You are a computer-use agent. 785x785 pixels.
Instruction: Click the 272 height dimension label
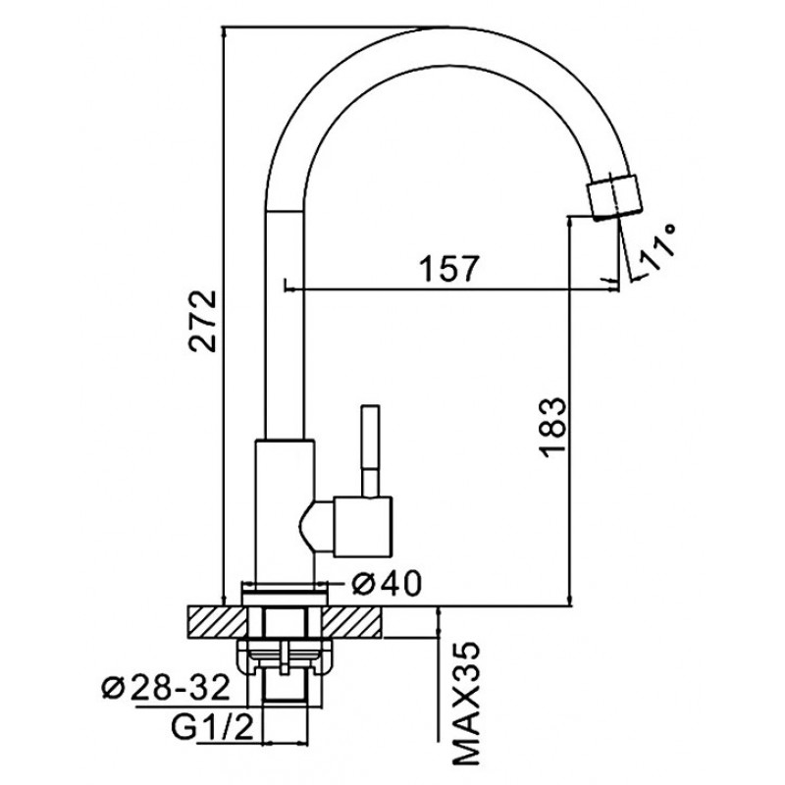click(203, 321)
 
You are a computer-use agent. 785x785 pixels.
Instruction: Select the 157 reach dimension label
click(449, 269)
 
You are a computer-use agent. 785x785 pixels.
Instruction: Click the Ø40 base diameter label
click(386, 584)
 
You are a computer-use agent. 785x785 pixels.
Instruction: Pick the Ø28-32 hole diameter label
click(166, 689)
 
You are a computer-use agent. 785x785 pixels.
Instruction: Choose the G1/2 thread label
click(212, 729)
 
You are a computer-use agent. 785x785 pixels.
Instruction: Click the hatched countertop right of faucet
click(351, 622)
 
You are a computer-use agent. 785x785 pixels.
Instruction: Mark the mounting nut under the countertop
click(285, 656)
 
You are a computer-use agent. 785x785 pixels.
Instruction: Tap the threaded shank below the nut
click(285, 688)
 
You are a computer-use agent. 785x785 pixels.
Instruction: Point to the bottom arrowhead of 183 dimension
click(570, 600)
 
